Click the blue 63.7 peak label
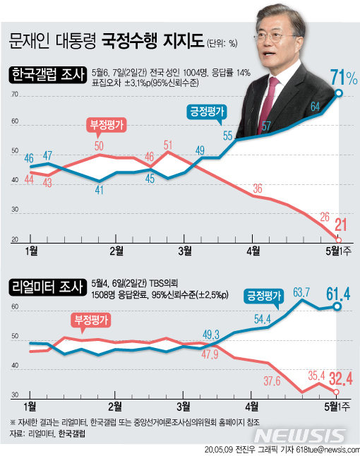302,291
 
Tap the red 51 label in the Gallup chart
169,146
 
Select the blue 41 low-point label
100,189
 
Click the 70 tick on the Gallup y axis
14,94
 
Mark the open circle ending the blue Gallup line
340,92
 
